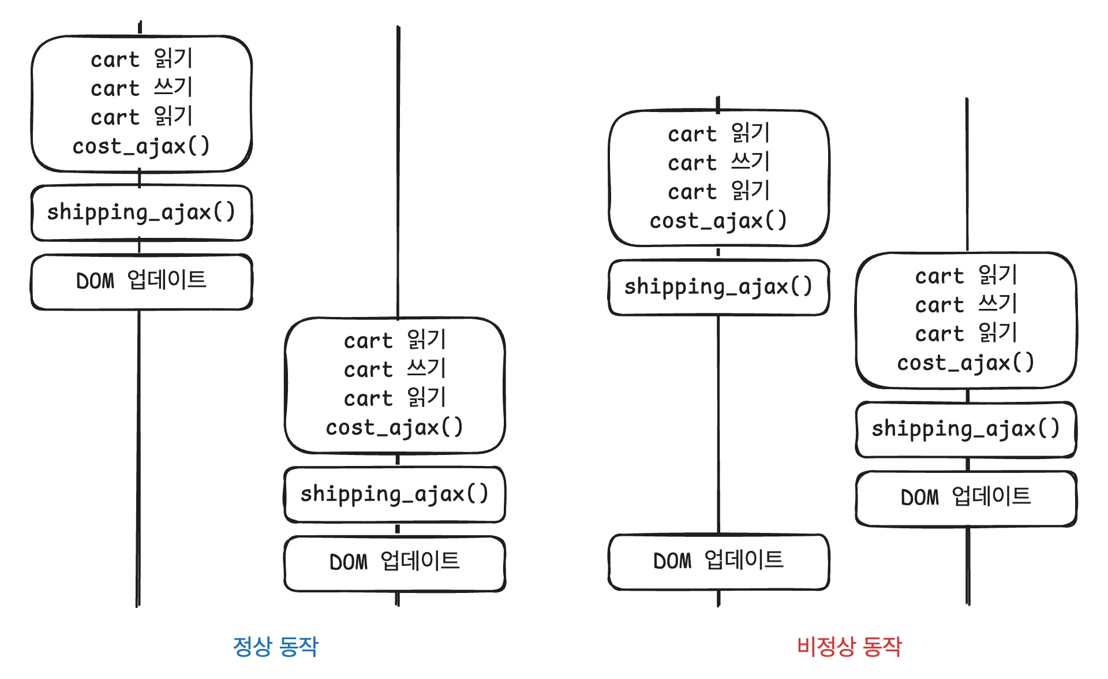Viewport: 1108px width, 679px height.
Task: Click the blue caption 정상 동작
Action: [x=275, y=646]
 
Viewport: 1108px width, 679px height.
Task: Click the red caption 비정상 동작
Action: [x=849, y=646]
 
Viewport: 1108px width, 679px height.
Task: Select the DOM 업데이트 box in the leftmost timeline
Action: [x=141, y=281]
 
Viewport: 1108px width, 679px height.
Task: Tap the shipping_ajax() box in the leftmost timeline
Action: [x=141, y=212]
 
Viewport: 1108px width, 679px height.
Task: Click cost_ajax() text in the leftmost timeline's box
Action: [x=141, y=146]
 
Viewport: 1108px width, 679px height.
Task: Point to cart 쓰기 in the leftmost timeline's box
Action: [x=141, y=88]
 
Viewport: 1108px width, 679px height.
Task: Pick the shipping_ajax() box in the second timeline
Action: [x=395, y=494]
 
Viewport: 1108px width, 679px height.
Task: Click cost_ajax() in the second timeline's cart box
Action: [x=395, y=427]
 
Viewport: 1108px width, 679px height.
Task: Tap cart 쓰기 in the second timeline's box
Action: [x=395, y=369]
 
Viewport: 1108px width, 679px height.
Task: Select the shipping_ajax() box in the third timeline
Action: [x=718, y=287]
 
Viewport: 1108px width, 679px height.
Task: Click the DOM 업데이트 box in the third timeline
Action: [x=718, y=561]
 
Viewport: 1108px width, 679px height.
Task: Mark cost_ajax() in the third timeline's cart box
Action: [x=718, y=221]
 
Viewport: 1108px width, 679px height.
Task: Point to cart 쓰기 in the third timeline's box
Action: [x=718, y=162]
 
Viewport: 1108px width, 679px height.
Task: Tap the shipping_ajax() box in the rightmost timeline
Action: [x=966, y=429]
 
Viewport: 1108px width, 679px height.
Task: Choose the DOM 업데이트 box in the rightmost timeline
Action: [x=966, y=497]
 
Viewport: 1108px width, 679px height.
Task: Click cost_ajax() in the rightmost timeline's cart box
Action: [x=966, y=363]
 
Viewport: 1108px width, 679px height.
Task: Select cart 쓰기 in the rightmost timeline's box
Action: [x=966, y=304]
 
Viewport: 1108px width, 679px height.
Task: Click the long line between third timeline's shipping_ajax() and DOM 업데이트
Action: [x=718, y=424]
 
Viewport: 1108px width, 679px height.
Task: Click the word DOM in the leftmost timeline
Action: [x=96, y=282]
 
